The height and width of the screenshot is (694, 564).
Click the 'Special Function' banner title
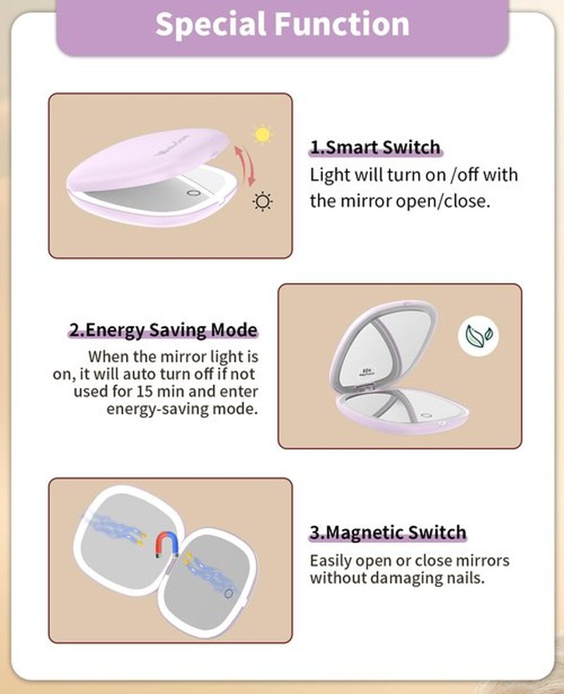[282, 24]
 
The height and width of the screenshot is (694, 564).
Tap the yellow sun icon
[262, 135]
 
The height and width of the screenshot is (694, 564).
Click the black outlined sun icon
[262, 202]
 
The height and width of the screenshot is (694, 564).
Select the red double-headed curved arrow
[245, 165]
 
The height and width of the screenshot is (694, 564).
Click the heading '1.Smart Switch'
[375, 147]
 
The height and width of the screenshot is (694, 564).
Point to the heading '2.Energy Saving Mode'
[164, 330]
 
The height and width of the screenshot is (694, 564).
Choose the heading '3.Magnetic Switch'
[388, 532]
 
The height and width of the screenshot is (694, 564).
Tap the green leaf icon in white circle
[479, 336]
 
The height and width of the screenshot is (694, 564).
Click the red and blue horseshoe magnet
[167, 545]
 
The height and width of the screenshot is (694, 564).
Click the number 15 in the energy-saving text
[145, 391]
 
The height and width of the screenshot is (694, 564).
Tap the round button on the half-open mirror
[193, 193]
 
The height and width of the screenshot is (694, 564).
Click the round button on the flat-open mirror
[228, 593]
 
